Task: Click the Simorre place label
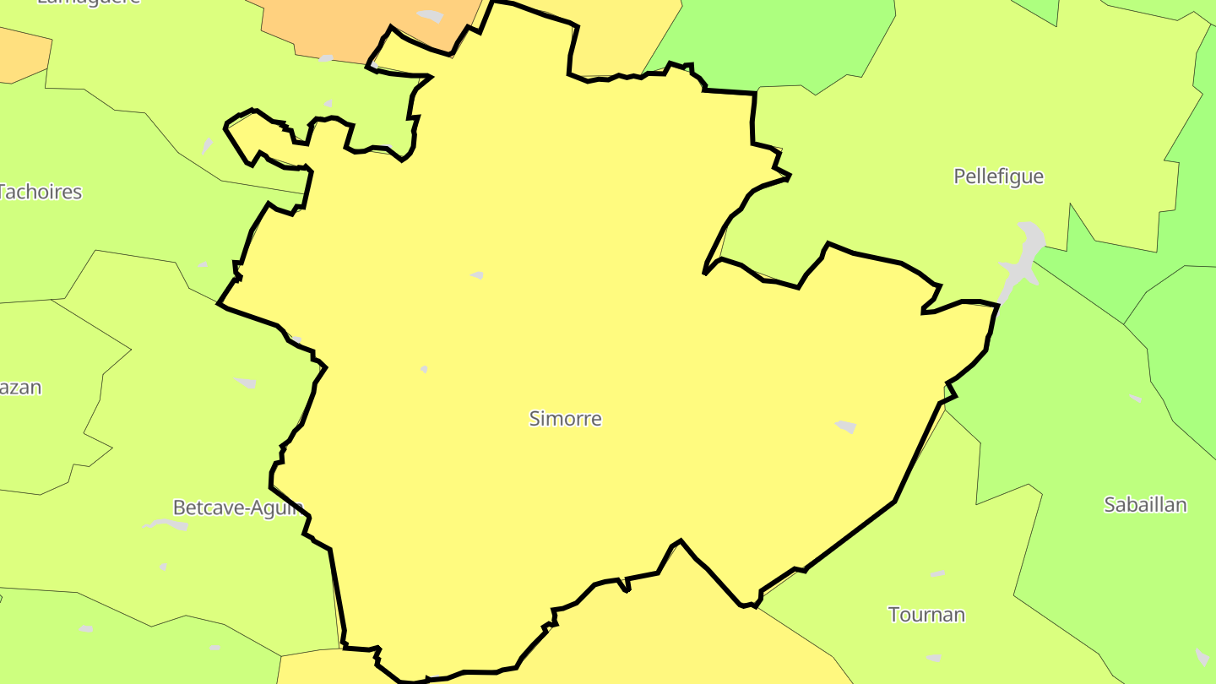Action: (x=565, y=418)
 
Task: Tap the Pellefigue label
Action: (x=998, y=176)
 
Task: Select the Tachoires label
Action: (x=40, y=192)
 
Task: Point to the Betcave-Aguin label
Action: (x=237, y=508)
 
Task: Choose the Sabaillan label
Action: (x=1145, y=505)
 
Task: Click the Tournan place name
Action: (x=926, y=615)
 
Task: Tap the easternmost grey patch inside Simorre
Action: (x=845, y=426)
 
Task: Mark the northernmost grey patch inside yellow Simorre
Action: (x=477, y=275)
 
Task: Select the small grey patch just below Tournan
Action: (x=933, y=658)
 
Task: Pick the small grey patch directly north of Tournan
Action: (x=937, y=574)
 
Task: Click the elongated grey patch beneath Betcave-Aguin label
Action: (x=166, y=524)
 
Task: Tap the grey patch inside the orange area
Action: (x=431, y=16)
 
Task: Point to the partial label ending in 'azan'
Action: (x=20, y=388)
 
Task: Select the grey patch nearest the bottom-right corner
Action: (x=1202, y=656)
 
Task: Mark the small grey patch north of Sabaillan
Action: (x=1136, y=398)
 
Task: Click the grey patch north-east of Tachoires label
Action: (x=207, y=146)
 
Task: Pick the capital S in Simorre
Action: (x=535, y=418)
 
